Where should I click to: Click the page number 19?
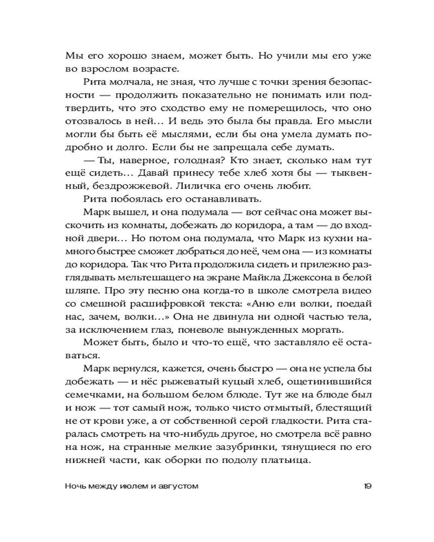[367, 486]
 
